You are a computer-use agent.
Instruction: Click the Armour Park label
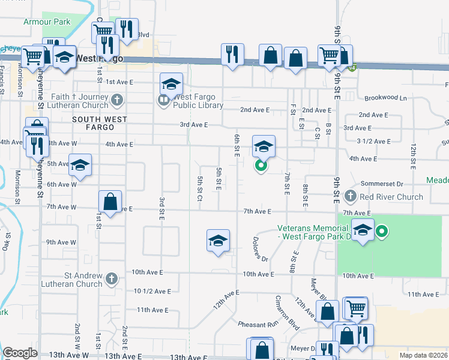tap(47, 22)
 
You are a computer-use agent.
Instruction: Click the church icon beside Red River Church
tap(351, 196)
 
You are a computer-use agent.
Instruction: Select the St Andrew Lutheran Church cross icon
tap(112, 278)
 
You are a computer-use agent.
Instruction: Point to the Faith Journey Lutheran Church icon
tap(117, 98)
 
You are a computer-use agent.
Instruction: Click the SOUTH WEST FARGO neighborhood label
tap(100, 119)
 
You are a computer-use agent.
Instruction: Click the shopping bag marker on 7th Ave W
tap(110, 202)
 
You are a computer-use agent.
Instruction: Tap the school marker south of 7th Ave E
tap(218, 241)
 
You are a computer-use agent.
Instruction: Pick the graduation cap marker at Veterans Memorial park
tap(363, 230)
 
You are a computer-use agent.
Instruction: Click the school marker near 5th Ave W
tap(80, 166)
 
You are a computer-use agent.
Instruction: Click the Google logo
tap(20, 353)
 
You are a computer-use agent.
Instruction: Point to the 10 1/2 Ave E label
tap(152, 291)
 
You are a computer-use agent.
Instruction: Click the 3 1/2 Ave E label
tap(373, 141)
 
